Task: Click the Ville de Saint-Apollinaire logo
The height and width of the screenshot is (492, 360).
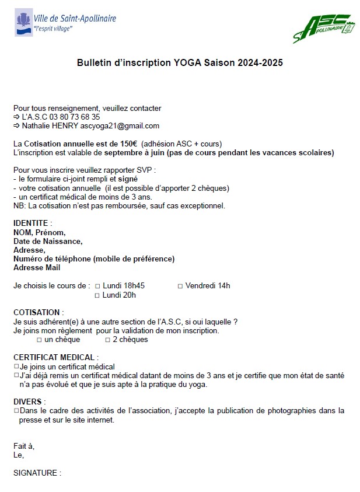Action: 65,23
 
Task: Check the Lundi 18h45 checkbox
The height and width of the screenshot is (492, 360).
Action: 97,286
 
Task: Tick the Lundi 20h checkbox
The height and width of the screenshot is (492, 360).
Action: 97,295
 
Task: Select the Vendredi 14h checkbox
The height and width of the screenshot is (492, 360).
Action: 180,286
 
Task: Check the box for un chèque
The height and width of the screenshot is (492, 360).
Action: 40,340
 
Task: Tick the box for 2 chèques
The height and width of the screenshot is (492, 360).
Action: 107,340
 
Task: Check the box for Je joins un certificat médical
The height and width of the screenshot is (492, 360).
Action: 16,367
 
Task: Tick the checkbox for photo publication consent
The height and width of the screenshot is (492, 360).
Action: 16,411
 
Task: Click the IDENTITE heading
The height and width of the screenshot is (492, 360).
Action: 33,223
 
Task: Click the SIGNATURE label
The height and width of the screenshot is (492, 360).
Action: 37,473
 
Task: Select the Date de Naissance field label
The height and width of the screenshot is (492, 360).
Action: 48,241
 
